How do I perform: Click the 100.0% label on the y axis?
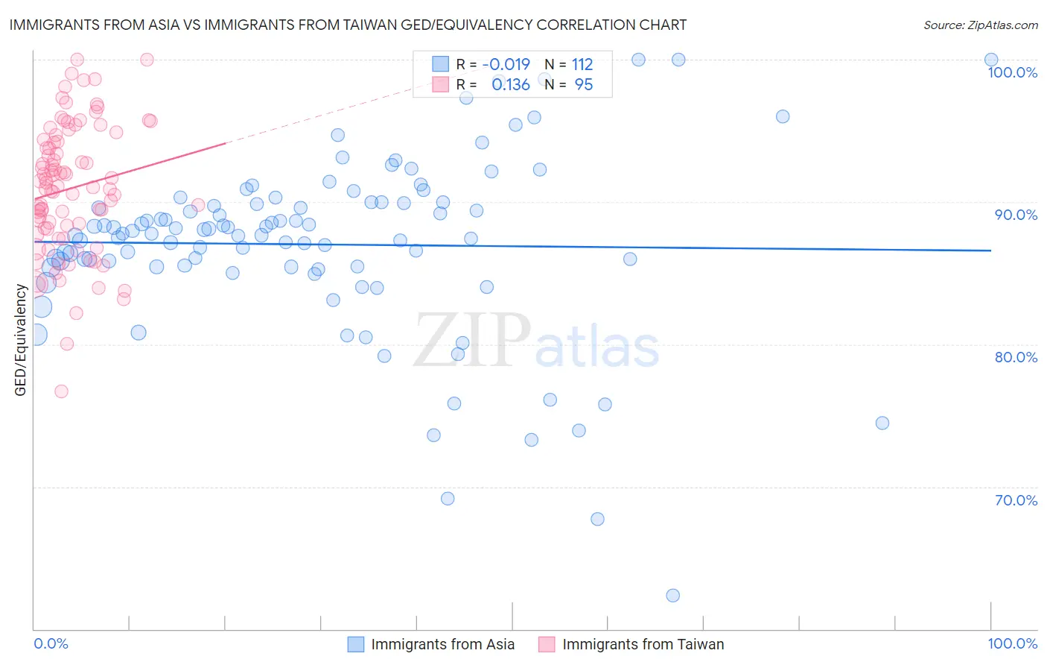click(x=1012, y=72)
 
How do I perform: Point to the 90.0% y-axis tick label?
click(x=1016, y=215)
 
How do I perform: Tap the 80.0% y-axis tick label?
click(x=1016, y=357)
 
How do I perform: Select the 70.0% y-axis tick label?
click(x=1016, y=500)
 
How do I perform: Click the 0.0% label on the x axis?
click(x=51, y=643)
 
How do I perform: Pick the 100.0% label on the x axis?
click(x=1012, y=643)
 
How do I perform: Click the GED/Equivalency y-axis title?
click(x=21, y=340)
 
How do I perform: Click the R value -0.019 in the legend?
click(x=506, y=64)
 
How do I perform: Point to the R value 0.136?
click(x=511, y=84)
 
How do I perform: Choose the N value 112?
click(x=582, y=64)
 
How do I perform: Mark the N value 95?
click(x=584, y=84)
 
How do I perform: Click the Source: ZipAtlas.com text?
click(x=980, y=25)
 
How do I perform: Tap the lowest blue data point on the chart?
click(x=672, y=595)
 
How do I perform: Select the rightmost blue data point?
click(x=990, y=60)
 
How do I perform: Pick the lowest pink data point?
click(x=61, y=391)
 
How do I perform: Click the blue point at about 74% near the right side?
click(x=882, y=423)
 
